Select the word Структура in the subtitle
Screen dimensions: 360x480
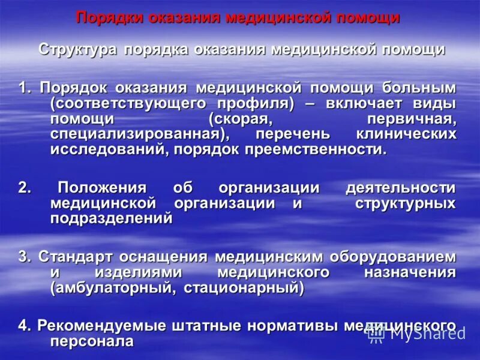point(77,49)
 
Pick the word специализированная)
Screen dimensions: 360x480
point(142,134)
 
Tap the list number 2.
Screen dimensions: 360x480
point(24,187)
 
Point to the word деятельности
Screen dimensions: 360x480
point(400,187)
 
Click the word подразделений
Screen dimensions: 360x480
point(112,218)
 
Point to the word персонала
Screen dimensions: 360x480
point(91,341)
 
